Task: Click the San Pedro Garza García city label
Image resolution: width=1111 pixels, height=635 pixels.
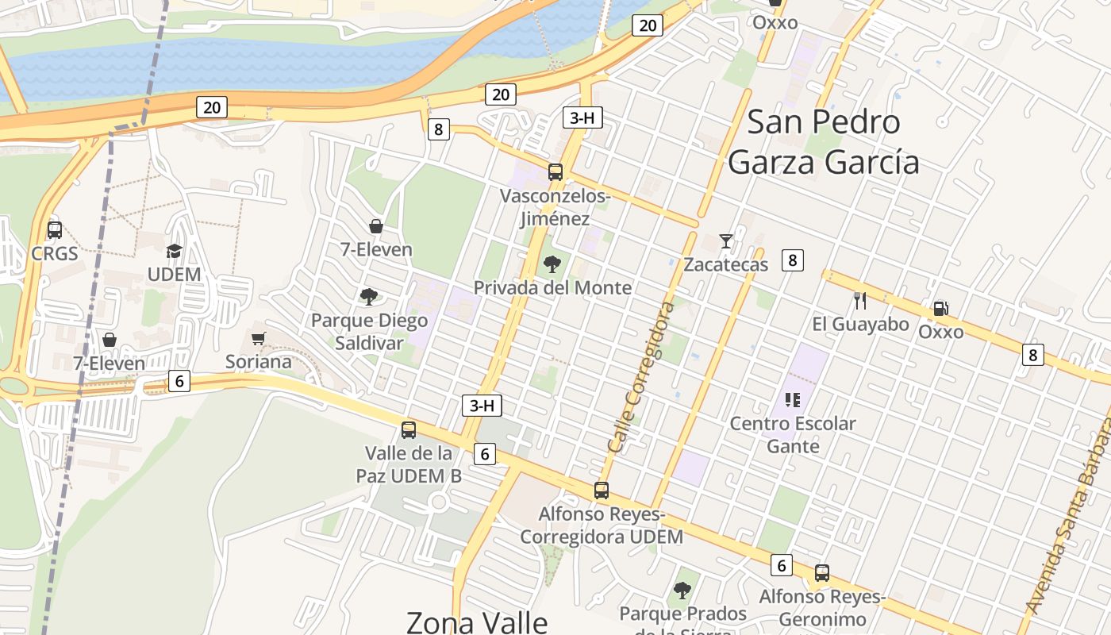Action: (x=824, y=142)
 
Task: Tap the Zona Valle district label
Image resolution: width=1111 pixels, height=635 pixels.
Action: (x=477, y=622)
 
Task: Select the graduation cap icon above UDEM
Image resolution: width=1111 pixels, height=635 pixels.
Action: (x=174, y=252)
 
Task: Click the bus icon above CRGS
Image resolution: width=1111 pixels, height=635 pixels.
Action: (x=55, y=230)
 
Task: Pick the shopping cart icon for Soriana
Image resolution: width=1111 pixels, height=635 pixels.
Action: (x=258, y=339)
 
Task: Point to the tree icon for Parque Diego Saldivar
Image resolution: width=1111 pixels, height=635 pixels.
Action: (x=368, y=297)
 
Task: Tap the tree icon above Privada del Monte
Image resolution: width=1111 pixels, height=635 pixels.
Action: (x=552, y=264)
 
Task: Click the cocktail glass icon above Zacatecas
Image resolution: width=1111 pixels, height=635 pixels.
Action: (x=725, y=241)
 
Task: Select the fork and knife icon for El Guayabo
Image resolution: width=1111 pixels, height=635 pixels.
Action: (x=859, y=300)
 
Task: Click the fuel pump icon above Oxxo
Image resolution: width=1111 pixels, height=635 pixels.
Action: (x=940, y=308)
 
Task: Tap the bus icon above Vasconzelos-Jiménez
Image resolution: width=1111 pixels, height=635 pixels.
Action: (x=555, y=171)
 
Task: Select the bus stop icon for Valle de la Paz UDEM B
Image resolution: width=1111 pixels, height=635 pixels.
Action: (x=409, y=430)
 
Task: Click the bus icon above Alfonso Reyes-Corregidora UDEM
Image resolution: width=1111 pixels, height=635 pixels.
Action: (x=602, y=491)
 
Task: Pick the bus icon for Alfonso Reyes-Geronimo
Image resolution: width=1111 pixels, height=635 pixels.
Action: (x=822, y=573)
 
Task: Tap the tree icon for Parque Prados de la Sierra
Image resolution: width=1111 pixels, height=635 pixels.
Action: (x=682, y=591)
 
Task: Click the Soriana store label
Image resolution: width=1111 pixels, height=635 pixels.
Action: (x=259, y=362)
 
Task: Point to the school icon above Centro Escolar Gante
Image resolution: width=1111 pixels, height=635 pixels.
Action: (x=792, y=400)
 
